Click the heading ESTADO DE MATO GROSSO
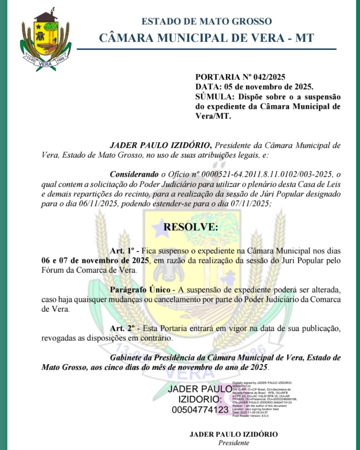(x=207, y=21)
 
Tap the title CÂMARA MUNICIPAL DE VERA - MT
(x=207, y=38)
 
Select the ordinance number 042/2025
(x=269, y=77)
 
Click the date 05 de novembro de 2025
(x=268, y=87)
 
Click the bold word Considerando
(x=134, y=174)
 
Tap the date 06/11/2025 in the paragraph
(x=98, y=204)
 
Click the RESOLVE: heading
(x=191, y=227)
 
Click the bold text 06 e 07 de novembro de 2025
(x=95, y=261)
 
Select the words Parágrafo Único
(x=140, y=290)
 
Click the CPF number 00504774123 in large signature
(x=200, y=410)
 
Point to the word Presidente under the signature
(x=234, y=443)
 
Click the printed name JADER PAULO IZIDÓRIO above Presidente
(x=234, y=434)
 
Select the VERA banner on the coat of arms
(x=45, y=64)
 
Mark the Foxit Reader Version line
(x=250, y=416)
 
